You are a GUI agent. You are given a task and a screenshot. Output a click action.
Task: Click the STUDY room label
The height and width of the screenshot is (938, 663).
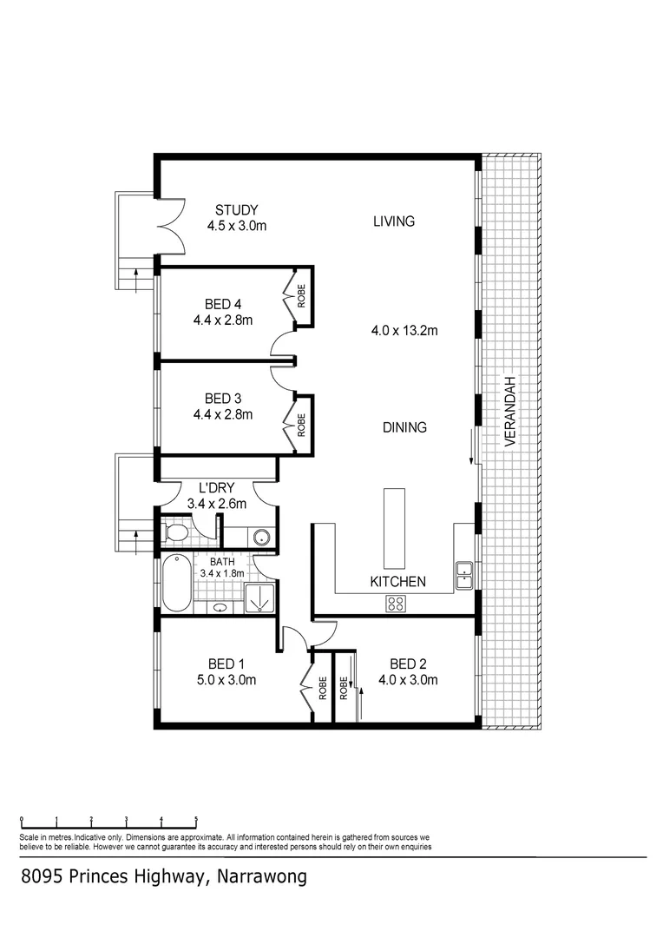(x=237, y=209)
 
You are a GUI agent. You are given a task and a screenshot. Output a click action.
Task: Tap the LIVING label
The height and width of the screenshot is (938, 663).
(x=394, y=221)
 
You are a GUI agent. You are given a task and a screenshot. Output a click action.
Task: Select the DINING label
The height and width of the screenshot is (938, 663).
(x=404, y=427)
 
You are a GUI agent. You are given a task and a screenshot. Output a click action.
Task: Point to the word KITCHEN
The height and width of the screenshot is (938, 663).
(x=397, y=581)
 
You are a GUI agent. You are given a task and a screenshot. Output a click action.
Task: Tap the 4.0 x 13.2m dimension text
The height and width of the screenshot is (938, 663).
(x=404, y=330)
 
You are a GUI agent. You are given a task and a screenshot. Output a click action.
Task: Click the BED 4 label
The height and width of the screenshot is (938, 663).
(x=223, y=304)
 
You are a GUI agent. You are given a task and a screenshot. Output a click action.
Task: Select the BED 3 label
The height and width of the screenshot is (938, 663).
(x=223, y=399)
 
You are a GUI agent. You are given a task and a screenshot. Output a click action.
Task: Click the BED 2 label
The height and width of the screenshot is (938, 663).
(x=408, y=664)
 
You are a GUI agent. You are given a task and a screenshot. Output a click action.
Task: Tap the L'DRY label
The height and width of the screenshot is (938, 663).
(x=217, y=488)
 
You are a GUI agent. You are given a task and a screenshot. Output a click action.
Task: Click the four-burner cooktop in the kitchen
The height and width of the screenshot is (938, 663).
(x=397, y=604)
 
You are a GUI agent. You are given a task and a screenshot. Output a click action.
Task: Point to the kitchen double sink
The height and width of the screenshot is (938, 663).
(x=464, y=574)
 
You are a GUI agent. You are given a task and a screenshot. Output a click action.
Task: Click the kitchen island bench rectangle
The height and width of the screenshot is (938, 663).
(x=393, y=527)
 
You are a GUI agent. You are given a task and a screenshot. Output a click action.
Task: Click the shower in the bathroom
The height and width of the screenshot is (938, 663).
(x=259, y=598)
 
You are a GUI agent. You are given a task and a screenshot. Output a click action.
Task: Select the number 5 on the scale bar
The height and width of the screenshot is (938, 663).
(x=196, y=819)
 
